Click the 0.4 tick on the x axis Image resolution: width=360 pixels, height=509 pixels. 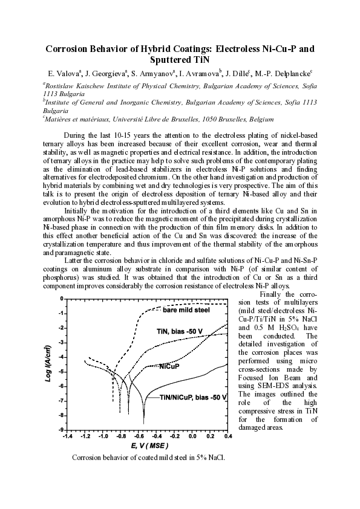pyautogui.click(x=228, y=435)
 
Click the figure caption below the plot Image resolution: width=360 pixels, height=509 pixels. pyautogui.click(x=148, y=457)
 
